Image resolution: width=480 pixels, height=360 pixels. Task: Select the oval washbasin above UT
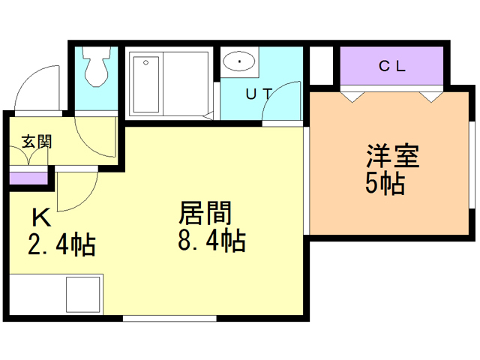click(239, 61)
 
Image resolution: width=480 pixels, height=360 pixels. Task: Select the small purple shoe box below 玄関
click(28, 178)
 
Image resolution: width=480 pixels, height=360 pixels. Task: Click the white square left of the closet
click(321, 66)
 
